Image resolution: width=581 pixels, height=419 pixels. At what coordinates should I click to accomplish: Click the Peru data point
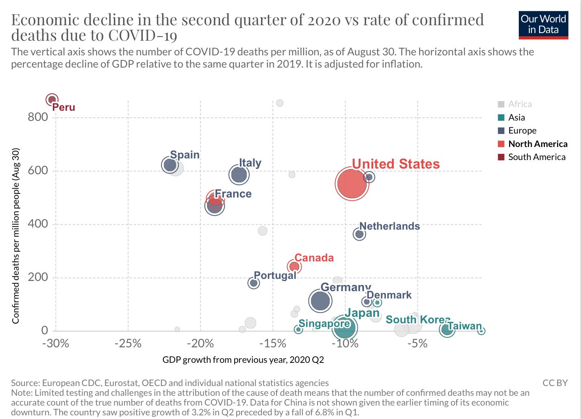[52, 99]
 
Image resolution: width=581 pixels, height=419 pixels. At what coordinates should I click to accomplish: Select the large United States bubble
[352, 184]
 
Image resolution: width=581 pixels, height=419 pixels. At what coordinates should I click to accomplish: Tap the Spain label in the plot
[185, 155]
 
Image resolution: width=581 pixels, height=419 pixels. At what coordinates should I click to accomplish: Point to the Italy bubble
[239, 175]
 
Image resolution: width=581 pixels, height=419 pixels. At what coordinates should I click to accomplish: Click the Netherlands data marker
[359, 234]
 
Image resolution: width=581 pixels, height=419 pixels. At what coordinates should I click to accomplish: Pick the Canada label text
[314, 258]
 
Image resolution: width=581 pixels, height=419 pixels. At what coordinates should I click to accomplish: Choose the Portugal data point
[254, 283]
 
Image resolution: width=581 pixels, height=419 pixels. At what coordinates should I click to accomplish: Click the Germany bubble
[320, 301]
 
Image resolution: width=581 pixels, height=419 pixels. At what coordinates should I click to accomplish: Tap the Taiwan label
[464, 326]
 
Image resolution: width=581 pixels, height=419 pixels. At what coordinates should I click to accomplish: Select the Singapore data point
[298, 329]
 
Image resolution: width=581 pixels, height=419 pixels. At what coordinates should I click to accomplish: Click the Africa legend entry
[520, 104]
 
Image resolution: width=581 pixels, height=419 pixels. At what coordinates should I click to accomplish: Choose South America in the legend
[536, 157]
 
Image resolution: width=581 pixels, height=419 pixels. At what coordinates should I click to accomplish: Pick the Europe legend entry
[522, 131]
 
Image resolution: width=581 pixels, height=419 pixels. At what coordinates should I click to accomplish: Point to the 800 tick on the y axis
[38, 117]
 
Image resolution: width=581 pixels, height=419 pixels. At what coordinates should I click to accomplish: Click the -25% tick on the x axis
[128, 344]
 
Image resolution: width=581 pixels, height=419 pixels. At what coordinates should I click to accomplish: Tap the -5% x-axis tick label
[418, 344]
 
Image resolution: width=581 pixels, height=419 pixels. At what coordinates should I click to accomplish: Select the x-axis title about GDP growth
[243, 360]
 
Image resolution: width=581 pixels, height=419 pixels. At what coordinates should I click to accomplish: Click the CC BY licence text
[555, 383]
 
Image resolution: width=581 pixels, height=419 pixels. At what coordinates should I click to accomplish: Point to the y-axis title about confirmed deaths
[16, 236]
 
